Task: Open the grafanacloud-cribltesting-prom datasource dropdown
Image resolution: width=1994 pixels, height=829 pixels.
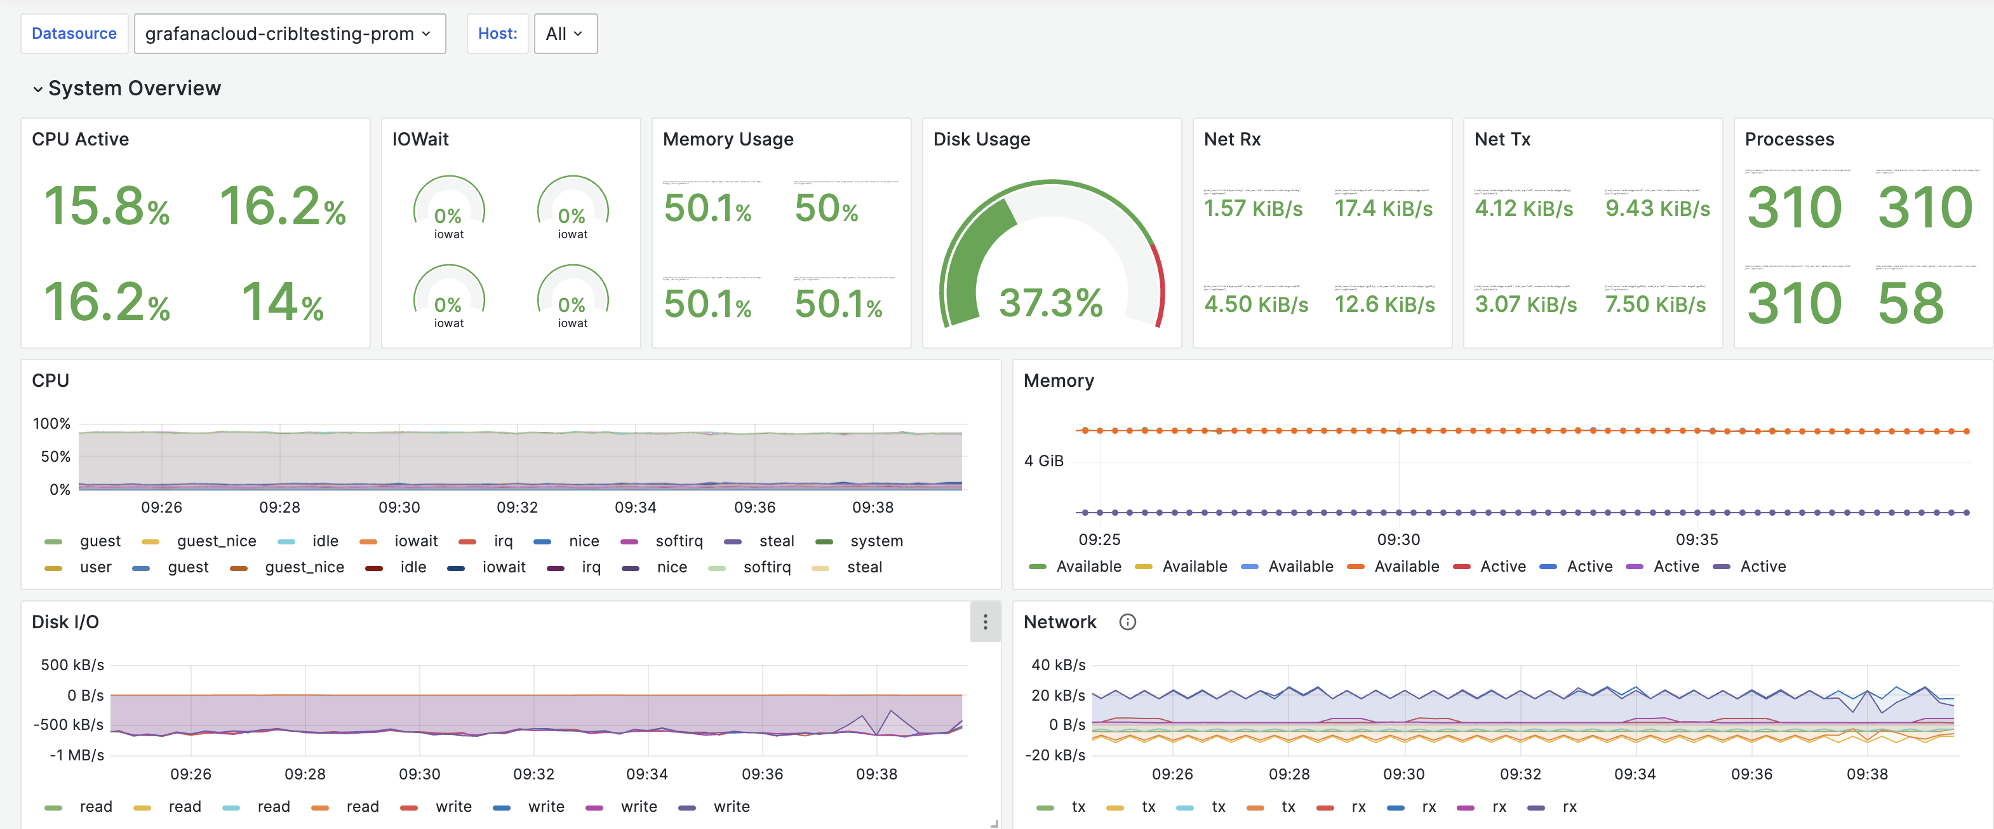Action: [x=290, y=33]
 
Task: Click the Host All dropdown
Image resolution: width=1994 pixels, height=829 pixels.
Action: [x=565, y=33]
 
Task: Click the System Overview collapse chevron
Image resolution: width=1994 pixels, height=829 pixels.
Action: [x=37, y=89]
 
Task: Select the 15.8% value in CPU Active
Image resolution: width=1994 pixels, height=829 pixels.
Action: [x=107, y=206]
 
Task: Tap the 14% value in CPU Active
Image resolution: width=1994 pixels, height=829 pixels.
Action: [x=283, y=302]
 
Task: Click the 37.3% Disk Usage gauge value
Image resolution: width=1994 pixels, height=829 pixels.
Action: [x=1050, y=302]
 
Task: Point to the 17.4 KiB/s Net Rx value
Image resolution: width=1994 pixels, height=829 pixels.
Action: [x=1383, y=208]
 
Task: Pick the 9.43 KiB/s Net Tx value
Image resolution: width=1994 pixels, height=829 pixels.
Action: [x=1657, y=208]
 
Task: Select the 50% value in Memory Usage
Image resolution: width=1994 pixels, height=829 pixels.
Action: [x=826, y=208]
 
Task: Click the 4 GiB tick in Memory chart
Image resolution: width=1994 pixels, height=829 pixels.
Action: [x=1043, y=461]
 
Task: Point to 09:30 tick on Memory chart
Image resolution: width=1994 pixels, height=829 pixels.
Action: [x=1398, y=539]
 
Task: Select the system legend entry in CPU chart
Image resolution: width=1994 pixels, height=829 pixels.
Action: [x=876, y=541]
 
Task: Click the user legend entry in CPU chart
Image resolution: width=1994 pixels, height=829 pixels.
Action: [x=95, y=567]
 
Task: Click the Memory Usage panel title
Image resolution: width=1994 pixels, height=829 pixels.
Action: [x=728, y=139]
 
